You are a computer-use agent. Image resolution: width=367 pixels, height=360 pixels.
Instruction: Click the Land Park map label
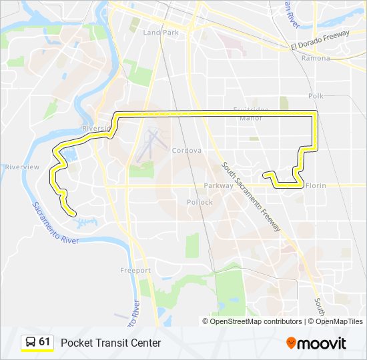161,32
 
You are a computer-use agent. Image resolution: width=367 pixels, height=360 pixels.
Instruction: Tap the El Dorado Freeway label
320,41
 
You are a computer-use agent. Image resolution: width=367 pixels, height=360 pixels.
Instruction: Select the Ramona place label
316,58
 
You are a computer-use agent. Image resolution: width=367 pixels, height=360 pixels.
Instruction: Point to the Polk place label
316,96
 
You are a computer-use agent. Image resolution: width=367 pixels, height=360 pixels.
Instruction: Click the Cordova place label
186,151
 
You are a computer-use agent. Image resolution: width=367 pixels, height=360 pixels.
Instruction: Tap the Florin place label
316,186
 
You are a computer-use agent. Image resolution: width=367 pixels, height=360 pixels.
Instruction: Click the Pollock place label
200,202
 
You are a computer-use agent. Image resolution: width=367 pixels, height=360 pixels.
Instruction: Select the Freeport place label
135,270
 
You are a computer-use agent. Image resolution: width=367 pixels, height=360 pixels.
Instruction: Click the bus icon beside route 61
30,343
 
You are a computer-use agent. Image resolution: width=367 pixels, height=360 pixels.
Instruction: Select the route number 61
45,342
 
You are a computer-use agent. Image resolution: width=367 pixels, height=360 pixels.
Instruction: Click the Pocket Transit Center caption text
111,343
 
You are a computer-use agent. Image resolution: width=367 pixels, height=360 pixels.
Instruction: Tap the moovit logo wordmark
322,343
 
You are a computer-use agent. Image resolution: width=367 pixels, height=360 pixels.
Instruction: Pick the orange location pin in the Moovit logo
291,343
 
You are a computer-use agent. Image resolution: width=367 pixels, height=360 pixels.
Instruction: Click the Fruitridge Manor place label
252,113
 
